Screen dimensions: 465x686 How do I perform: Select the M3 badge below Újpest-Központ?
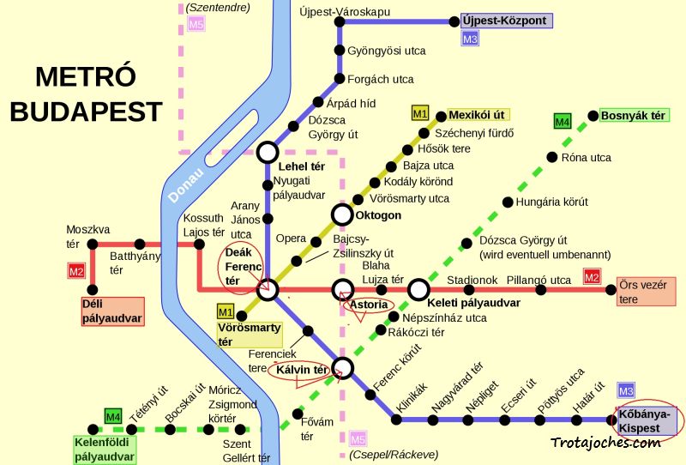(x=470, y=39)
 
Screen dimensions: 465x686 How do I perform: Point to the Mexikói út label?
(x=480, y=114)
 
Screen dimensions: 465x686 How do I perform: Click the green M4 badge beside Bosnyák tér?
(x=563, y=122)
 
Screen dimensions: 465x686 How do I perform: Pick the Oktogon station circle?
(x=342, y=214)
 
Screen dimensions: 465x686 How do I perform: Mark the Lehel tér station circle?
(x=268, y=153)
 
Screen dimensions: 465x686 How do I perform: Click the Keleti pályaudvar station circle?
(x=418, y=290)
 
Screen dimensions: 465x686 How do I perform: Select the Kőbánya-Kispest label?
(x=647, y=420)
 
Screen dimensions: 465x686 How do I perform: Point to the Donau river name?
(x=181, y=184)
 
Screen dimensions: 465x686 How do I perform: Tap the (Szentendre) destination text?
(x=218, y=8)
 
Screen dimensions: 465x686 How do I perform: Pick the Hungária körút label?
(x=552, y=202)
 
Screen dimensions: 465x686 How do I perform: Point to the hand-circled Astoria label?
(x=368, y=305)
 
